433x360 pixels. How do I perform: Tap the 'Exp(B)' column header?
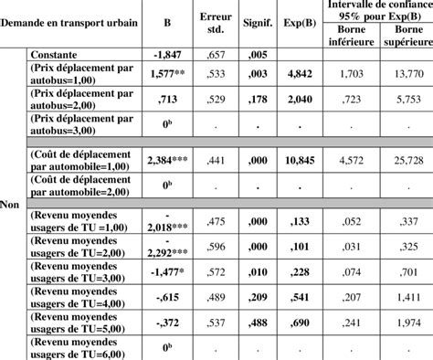[x=299, y=24]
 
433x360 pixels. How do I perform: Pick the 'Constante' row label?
[x=58, y=55]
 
